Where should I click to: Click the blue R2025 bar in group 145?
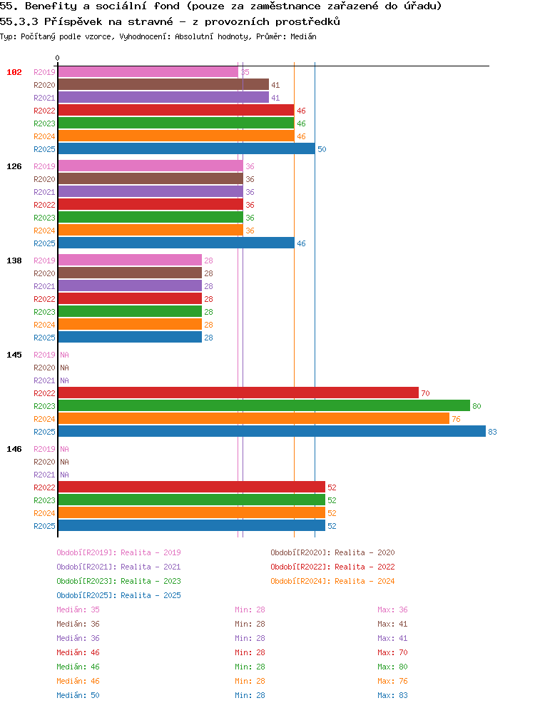272,432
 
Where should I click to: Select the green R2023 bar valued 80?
264,406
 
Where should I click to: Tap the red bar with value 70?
238,393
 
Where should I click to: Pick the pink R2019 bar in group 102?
148,72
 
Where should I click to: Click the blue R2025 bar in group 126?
176,243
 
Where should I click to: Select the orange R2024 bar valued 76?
254,418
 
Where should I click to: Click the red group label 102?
14,72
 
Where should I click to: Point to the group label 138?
14,261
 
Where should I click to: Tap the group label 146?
14,449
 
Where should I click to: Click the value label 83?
492,432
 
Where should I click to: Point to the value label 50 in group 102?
322,149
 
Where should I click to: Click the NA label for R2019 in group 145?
65,355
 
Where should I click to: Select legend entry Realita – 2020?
332,552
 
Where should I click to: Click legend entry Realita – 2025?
118,595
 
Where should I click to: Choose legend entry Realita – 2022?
332,567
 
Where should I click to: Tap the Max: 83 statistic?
392,695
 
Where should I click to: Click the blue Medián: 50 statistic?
78,695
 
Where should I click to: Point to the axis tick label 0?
57,59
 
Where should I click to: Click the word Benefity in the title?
51,6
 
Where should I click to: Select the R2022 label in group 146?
44,487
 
